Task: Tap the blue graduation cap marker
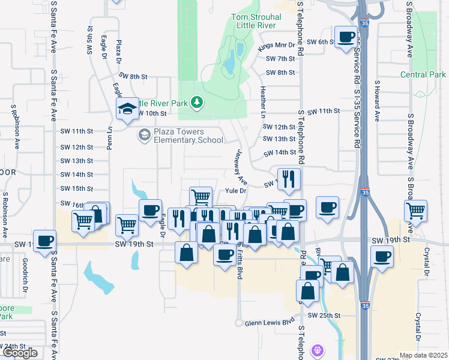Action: pos(128,109)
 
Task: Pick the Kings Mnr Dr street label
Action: pos(277,45)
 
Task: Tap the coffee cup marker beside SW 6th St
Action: pos(345,37)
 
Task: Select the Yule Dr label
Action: pos(236,191)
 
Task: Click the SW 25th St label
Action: pos(324,316)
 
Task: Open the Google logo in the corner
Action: pos(20,353)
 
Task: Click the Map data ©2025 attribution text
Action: pos(424,355)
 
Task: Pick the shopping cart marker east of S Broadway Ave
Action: pos(415,211)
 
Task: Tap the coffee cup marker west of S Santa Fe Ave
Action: pos(45,241)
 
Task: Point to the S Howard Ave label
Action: pos(378,101)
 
